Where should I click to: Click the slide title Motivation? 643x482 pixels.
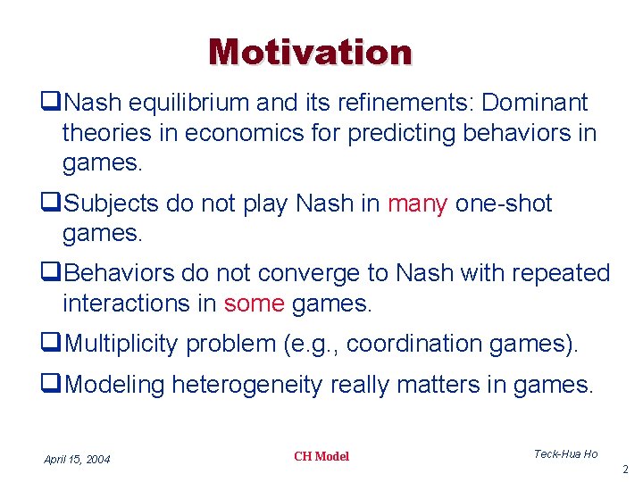tap(310, 52)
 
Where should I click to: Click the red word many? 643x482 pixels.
tap(417, 204)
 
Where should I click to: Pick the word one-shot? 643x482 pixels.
tap(504, 204)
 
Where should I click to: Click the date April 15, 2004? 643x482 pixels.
tap(77, 459)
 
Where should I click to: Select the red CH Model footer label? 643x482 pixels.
tap(321, 456)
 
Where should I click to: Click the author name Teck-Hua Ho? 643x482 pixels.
tap(565, 454)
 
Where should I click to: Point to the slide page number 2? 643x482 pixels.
tap(625, 470)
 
